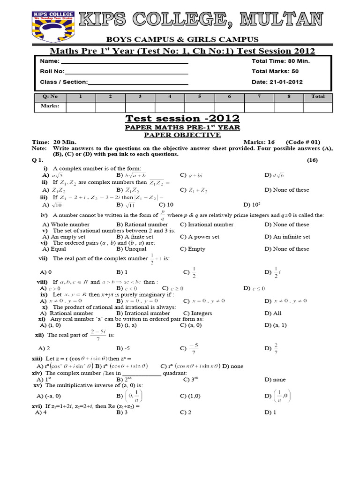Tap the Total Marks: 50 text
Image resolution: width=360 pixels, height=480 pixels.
coord(275,72)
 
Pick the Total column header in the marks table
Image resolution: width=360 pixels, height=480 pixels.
coord(317,97)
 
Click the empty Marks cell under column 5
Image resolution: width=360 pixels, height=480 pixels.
coord(199,107)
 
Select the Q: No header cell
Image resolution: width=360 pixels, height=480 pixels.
coord(50,97)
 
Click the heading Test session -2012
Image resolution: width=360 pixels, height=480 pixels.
coord(182,118)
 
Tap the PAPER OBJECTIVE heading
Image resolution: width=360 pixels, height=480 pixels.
coord(182,135)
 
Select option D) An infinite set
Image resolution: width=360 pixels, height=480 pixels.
coord(286,237)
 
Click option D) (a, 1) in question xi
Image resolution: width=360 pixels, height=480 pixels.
coord(275,325)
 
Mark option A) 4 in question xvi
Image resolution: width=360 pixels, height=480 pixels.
coord(41,412)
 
